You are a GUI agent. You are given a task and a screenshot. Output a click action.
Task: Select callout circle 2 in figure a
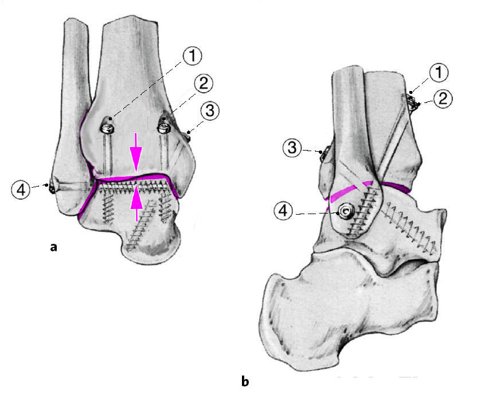pos(202,84)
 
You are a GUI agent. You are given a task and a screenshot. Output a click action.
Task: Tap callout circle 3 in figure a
pos(209,110)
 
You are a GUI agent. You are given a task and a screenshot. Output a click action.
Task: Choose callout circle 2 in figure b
pos(442,98)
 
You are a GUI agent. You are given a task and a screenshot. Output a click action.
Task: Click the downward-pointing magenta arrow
pos(136,152)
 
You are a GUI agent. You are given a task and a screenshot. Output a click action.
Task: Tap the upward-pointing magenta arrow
pos(136,204)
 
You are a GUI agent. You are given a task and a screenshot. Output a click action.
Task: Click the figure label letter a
pos(54,247)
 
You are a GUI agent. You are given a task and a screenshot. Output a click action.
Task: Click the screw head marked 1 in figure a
pos(107,125)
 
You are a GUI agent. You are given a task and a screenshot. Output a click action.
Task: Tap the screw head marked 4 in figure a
pos(52,187)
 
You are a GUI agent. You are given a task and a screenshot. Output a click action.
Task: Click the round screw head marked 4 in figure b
pos(346,212)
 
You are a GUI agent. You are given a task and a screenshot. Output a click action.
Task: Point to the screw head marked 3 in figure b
pos(322,152)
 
